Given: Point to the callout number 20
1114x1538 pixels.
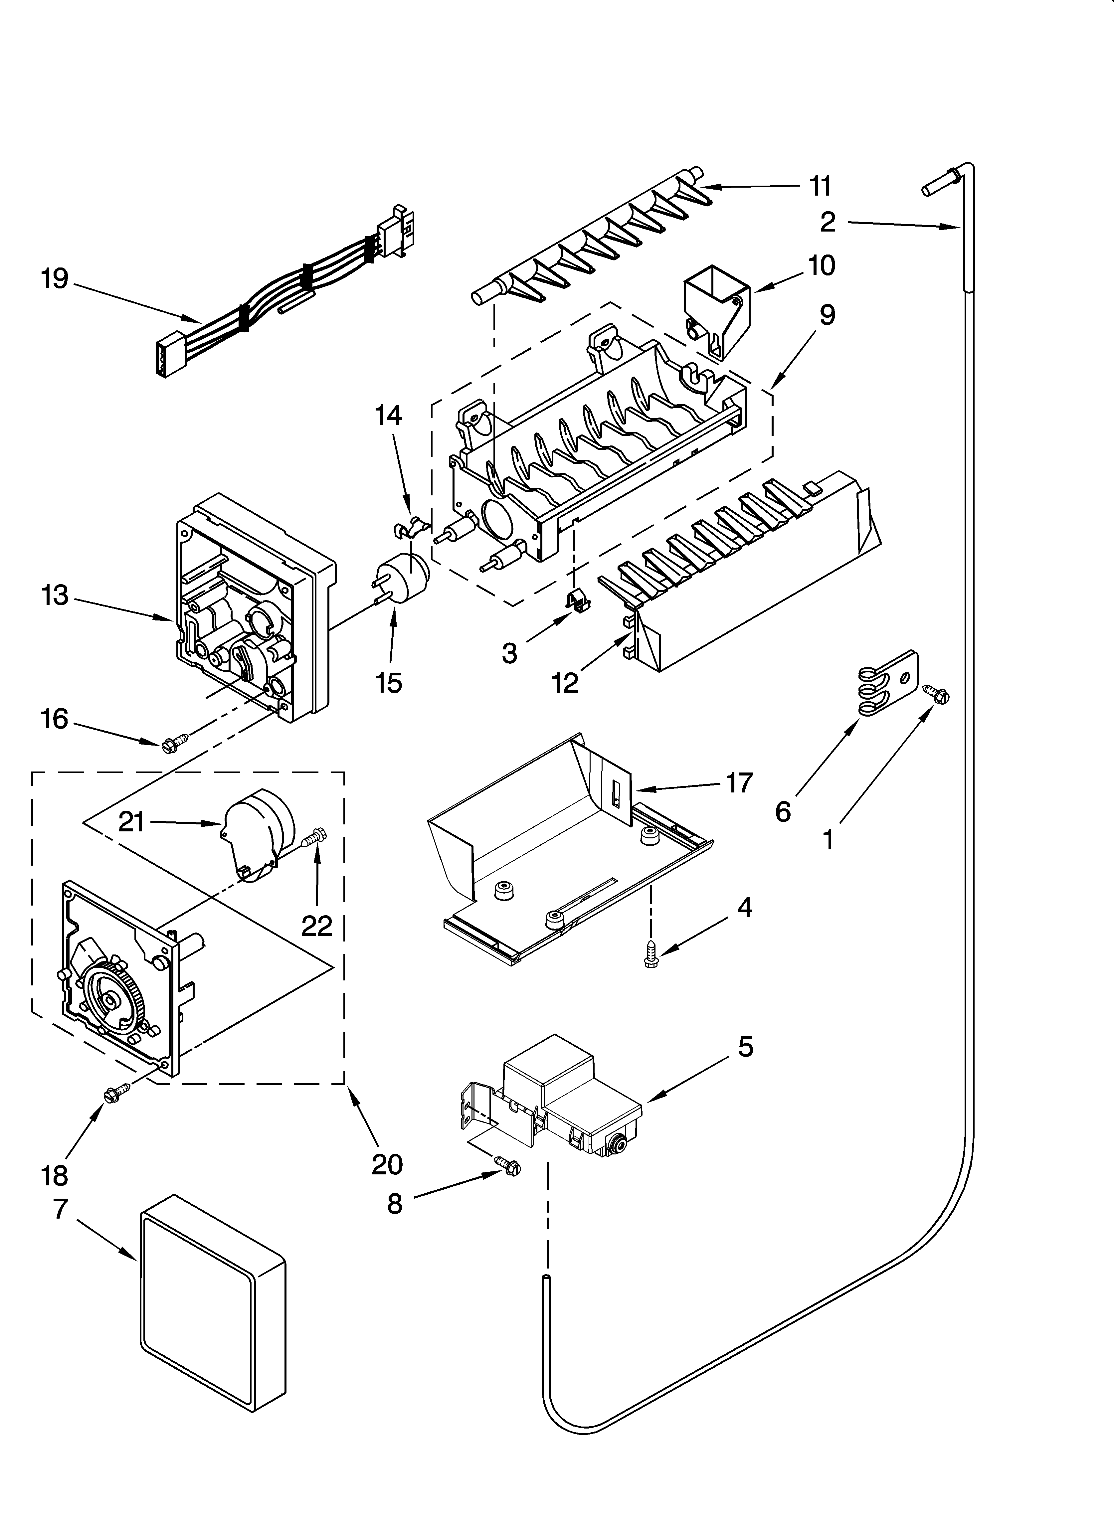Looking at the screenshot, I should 387,1164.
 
